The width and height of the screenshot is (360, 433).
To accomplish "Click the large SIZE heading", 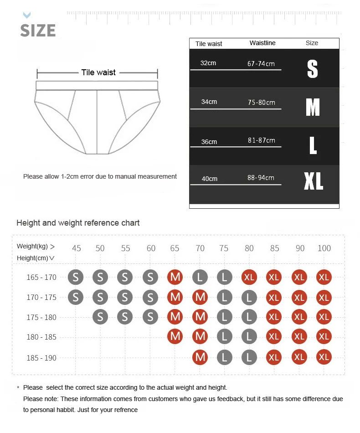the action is tap(38, 31).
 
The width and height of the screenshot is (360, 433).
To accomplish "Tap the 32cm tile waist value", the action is tap(208, 63).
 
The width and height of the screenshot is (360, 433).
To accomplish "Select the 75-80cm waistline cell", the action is tap(261, 103).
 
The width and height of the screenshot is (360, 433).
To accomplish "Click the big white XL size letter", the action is tap(314, 181).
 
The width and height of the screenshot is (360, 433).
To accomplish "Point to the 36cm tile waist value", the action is tap(209, 142).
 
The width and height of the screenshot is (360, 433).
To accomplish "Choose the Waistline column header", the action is tap(262, 43).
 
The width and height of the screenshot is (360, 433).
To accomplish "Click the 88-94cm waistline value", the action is tap(261, 178).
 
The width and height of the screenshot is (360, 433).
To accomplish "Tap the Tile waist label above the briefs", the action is tap(98, 72).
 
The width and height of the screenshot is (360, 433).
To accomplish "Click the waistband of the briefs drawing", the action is tap(97, 86).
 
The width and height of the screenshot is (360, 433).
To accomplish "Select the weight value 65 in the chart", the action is tap(175, 248).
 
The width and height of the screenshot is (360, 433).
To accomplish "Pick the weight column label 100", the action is tap(324, 248).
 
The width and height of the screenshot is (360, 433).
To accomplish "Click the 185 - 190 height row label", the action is tap(41, 358).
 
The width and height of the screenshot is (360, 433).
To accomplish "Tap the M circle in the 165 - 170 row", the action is tap(175, 277).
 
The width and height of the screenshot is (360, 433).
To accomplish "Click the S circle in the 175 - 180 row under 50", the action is tap(100, 317).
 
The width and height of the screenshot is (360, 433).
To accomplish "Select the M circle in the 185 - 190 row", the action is tap(200, 357).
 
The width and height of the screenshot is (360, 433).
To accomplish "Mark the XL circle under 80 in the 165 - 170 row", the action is tap(249, 277).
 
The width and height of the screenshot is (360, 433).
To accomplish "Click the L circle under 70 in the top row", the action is tap(200, 277).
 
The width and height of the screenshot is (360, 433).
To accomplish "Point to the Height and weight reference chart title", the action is tap(78, 223).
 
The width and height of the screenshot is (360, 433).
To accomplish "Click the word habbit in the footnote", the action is tap(66, 410).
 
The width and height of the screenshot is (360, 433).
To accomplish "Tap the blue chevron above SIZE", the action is tap(27, 15).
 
